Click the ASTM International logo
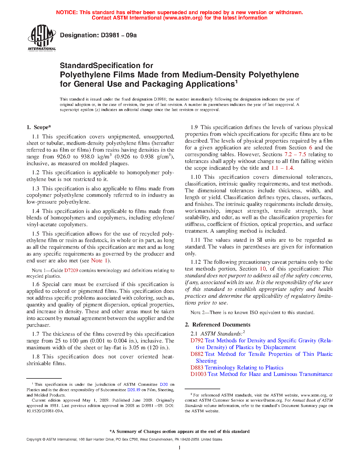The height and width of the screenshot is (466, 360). (42, 38)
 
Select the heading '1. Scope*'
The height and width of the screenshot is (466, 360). (39, 127)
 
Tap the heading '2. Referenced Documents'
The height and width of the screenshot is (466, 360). (217, 325)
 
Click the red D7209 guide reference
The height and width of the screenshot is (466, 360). (71, 271)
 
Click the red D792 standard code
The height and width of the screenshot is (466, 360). (197, 341)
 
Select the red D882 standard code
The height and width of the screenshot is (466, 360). (197, 354)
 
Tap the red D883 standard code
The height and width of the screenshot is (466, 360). (197, 368)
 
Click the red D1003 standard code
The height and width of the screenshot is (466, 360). (198, 374)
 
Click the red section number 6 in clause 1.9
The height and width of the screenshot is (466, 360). (311, 148)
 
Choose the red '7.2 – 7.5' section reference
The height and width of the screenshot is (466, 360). (295, 154)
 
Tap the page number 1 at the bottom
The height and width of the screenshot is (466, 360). (180, 448)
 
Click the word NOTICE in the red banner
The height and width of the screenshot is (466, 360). (67, 12)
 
